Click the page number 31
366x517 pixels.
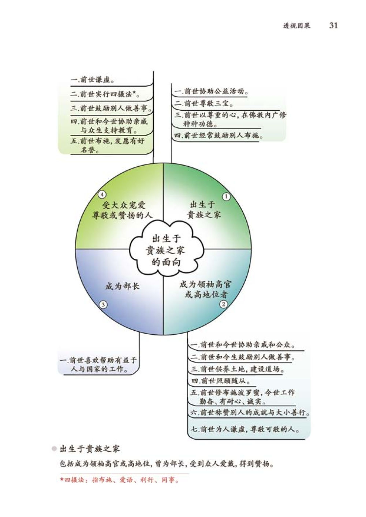coord(333,25)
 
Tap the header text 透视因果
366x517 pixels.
coord(296,26)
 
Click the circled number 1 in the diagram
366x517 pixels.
coord(226,197)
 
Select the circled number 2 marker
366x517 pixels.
coord(224,304)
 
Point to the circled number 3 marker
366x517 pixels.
coord(103,305)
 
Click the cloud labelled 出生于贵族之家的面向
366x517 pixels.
coord(166,250)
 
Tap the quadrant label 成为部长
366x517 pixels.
coord(122,286)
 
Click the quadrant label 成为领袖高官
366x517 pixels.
coord(205,284)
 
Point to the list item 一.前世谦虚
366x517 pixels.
coord(93,80)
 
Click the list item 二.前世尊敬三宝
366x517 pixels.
coord(203,103)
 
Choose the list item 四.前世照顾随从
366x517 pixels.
coord(221,381)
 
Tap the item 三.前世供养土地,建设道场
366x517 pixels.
coord(237,369)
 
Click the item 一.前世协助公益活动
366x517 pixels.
coord(211,91)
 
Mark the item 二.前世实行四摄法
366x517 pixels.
coord(106,94)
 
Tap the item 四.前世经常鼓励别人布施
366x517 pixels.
coord(219,135)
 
